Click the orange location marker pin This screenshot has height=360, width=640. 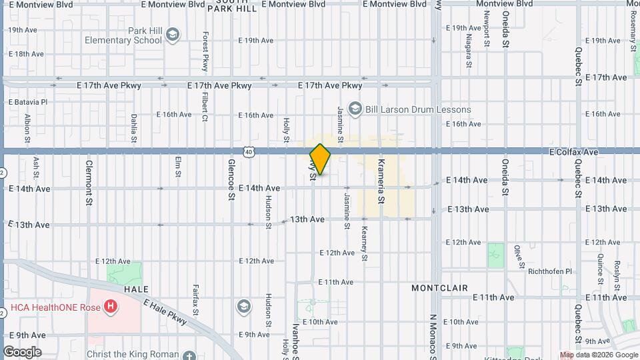320,159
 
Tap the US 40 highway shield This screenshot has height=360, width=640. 249,152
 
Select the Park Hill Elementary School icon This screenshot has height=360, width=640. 173,35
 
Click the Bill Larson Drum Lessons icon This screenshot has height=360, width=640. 355,109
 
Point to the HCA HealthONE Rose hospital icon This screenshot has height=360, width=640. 111,307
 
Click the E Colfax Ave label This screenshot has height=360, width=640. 573,152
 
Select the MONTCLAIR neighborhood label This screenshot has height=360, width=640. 439,288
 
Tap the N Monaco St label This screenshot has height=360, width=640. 432,336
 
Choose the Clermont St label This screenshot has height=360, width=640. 88,182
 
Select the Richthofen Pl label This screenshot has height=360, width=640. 549,271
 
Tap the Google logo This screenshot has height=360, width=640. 22,351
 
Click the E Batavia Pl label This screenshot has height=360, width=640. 27,102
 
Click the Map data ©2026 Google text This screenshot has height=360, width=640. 599,355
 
